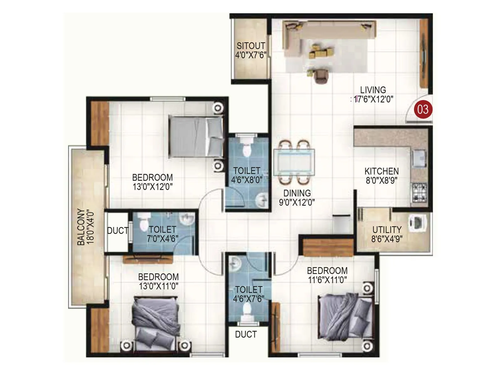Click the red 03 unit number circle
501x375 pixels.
point(423,109)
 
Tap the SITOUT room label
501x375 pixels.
point(250,46)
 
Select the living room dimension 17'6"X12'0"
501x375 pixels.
point(373,99)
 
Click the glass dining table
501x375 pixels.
point(294,162)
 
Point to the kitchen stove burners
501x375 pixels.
point(419,192)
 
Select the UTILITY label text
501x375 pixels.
point(387,230)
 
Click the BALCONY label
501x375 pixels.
point(81,227)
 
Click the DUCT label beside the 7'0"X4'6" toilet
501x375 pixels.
point(117,231)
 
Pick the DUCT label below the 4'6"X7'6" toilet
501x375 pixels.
point(246,334)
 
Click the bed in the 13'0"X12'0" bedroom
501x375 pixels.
point(195,136)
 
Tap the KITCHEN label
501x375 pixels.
point(381,171)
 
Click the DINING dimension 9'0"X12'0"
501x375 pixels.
point(297,202)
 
